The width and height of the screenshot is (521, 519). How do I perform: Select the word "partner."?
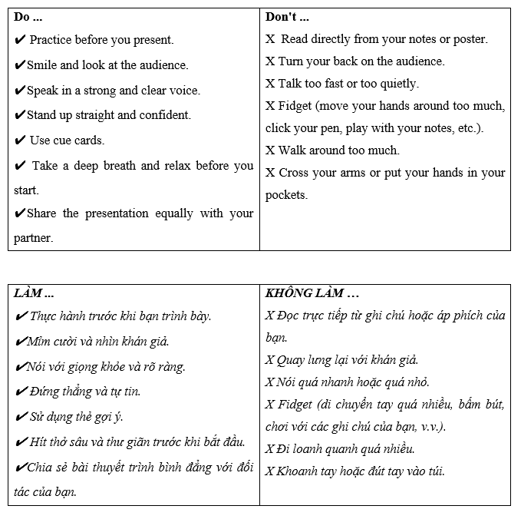pos(33,238)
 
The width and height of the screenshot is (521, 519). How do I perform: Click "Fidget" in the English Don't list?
pos(295,106)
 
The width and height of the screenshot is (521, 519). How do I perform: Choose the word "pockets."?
pos(286,195)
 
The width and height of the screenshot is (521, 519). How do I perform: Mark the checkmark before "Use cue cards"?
pos(21,140)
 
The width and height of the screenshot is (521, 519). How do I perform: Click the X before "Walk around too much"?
pos(269,150)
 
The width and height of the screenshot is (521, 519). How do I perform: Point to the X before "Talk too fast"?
pos(269,84)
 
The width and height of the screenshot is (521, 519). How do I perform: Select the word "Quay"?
pos(292,360)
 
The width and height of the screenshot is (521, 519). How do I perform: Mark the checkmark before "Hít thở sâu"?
pos(21,442)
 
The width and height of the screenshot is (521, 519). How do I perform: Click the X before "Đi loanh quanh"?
pos(269,449)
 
